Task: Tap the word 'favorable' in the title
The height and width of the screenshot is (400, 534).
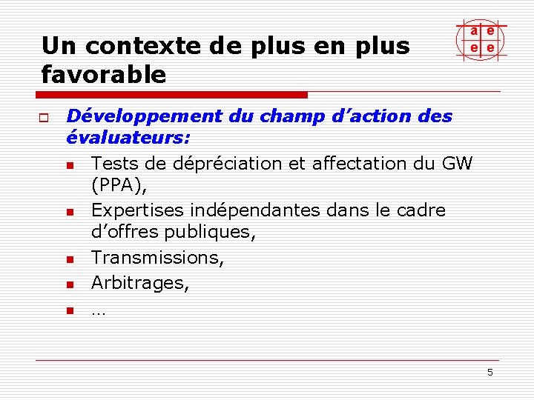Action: pyautogui.click(x=104, y=74)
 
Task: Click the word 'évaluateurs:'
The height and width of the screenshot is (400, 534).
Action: pyautogui.click(x=128, y=138)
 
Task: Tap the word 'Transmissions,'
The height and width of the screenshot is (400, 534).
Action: pyautogui.click(x=157, y=258)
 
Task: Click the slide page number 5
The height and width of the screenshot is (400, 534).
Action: pyautogui.click(x=490, y=372)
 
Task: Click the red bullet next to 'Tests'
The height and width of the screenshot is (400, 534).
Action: pyautogui.click(x=70, y=164)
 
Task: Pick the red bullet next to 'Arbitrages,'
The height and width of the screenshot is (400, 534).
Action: pyautogui.click(x=70, y=284)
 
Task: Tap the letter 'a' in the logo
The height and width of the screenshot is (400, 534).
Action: pyautogui.click(x=473, y=31)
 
